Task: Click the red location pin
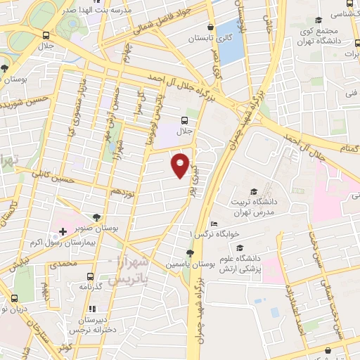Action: pyautogui.click(x=181, y=165)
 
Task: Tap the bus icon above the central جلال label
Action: pyautogui.click(x=185, y=120)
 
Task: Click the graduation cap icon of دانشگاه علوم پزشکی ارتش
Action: pyautogui.click(x=241, y=248)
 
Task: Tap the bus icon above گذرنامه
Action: pyautogui.click(x=89, y=276)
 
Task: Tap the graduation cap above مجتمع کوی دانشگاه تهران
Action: pyautogui.click(x=319, y=20)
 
